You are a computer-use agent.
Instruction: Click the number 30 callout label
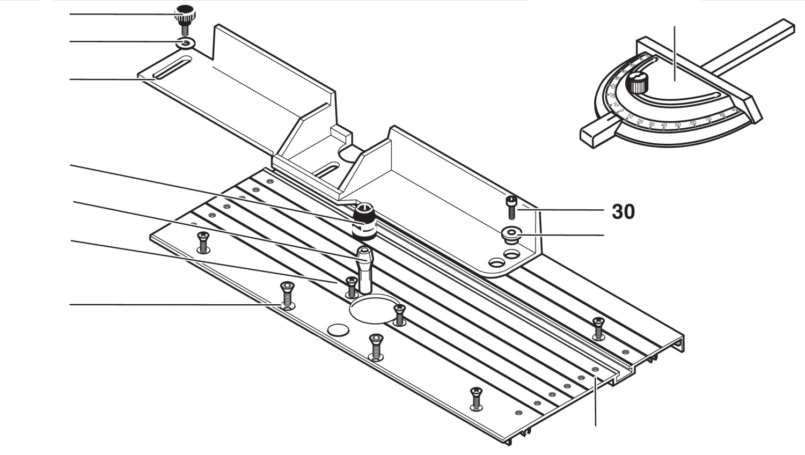(623, 212)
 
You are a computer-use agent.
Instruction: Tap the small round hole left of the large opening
(338, 330)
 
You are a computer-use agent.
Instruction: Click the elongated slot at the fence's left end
(169, 71)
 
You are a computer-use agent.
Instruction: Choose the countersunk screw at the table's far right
(598, 328)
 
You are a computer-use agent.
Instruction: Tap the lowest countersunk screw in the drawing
(475, 398)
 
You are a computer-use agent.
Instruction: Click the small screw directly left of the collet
(352, 287)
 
